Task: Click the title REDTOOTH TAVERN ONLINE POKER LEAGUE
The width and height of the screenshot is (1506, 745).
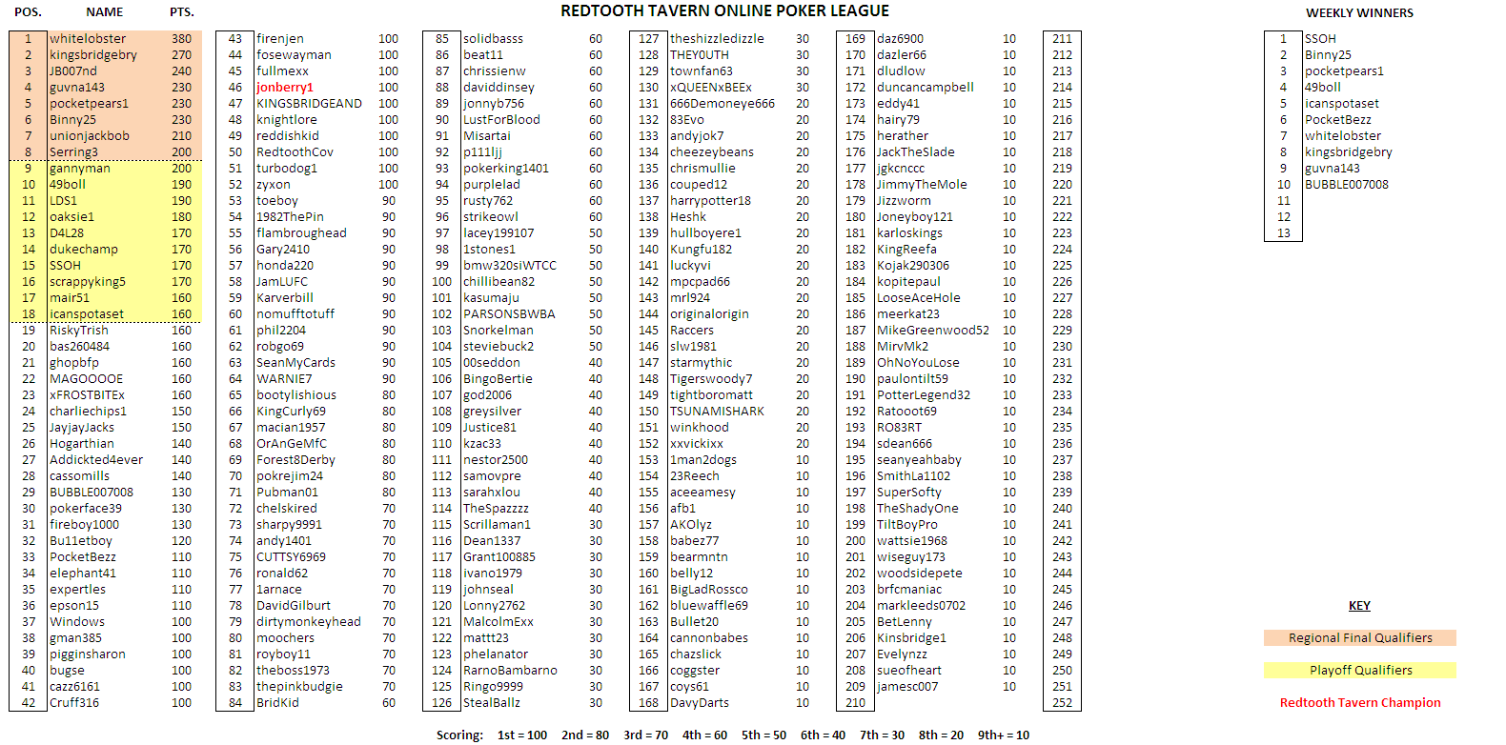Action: click(724, 11)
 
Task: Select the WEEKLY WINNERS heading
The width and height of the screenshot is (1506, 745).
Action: click(1359, 12)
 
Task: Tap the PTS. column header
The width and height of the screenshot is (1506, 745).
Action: click(181, 12)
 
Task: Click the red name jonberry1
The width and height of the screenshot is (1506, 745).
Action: click(284, 88)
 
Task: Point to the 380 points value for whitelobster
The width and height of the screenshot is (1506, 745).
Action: click(181, 39)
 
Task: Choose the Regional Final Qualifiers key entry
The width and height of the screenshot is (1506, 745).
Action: click(1360, 638)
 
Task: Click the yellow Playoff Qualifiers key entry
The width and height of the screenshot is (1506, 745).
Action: click(1360, 671)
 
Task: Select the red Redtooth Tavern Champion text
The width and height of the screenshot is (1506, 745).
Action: click(1360, 703)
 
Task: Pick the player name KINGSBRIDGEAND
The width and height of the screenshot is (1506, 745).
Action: click(309, 104)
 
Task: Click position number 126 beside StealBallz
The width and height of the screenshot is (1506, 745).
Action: click(441, 703)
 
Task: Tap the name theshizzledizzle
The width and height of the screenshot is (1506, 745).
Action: click(717, 39)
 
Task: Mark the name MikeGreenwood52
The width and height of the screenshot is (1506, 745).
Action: click(932, 331)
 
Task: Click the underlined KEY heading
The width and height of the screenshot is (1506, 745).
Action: click(1359, 606)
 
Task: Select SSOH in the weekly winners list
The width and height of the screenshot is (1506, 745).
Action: click(1320, 39)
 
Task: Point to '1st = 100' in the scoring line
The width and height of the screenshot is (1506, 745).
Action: click(522, 735)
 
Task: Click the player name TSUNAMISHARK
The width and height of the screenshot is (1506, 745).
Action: click(717, 412)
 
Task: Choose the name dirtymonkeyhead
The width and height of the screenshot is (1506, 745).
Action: click(308, 622)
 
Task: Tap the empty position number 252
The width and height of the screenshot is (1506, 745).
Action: click(1062, 703)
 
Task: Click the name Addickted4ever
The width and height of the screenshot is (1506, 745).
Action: click(96, 460)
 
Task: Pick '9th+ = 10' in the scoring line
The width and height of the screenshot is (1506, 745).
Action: click(1004, 735)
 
